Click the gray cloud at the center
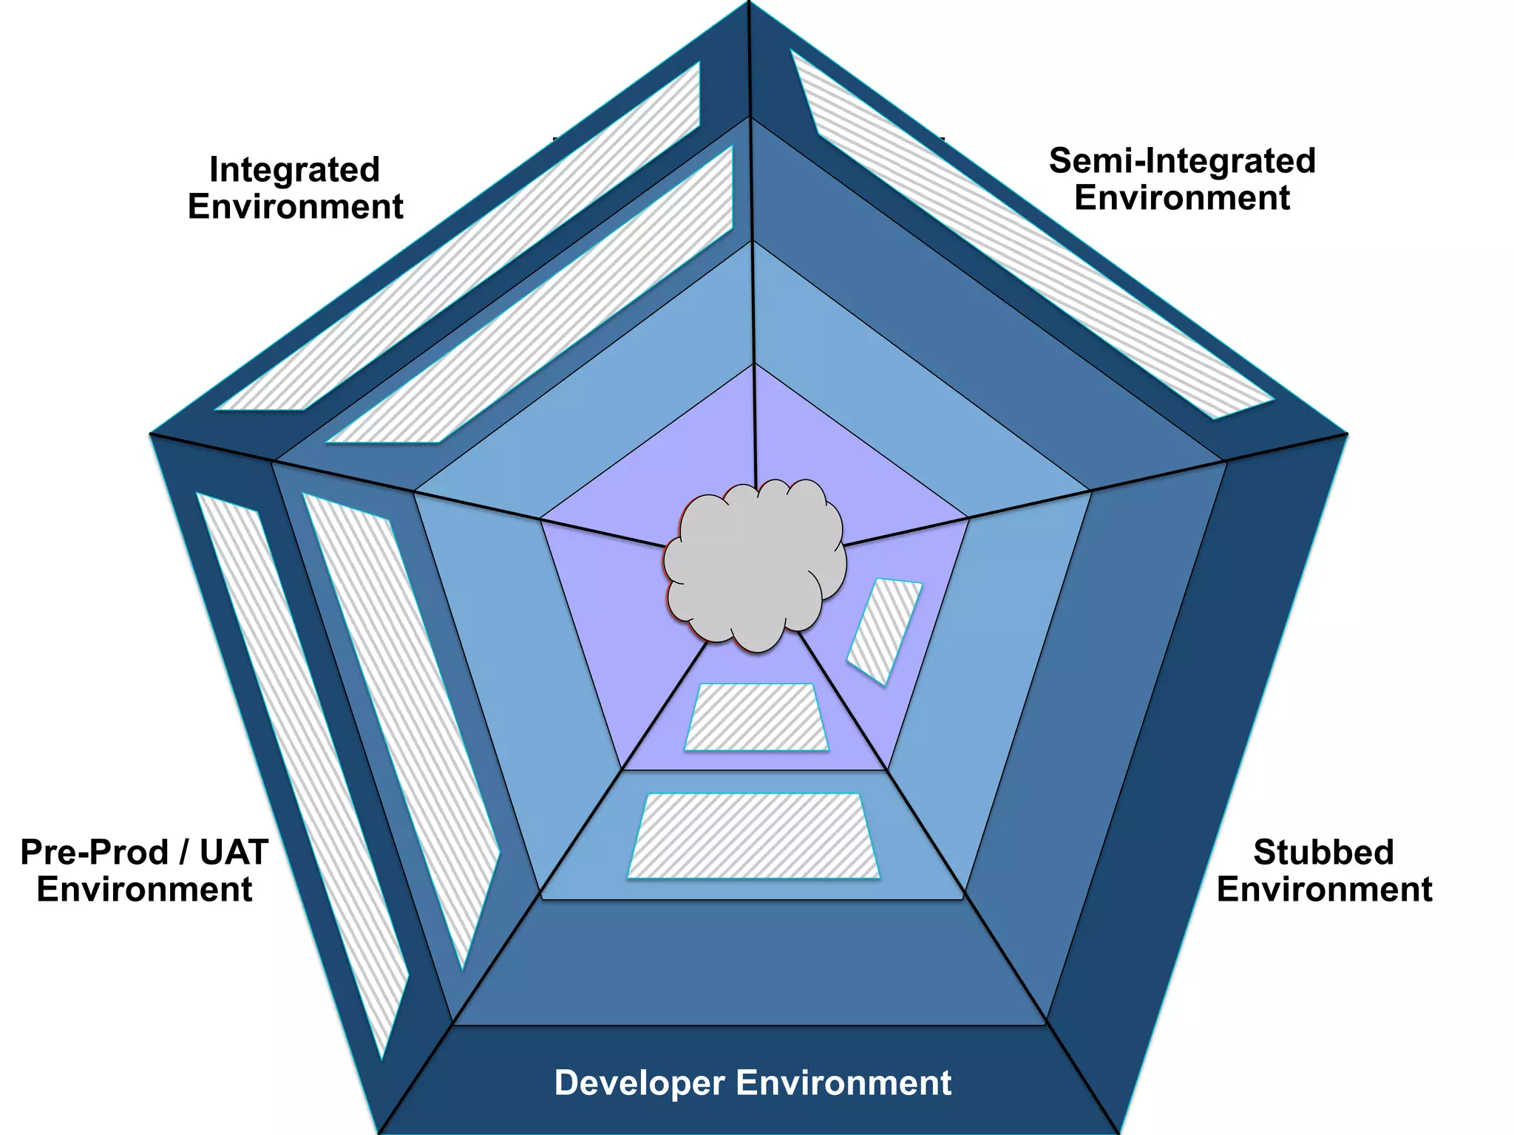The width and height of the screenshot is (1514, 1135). pos(754,565)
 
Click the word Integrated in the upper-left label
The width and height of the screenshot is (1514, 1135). pos(294,170)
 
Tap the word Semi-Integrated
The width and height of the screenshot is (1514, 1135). pos(1181,161)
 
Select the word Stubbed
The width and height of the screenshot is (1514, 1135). pos(1323,853)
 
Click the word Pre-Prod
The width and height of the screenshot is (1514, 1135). pos(94,853)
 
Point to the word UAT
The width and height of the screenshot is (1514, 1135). pos(234,853)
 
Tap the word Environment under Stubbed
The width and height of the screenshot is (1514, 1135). pos(1324,890)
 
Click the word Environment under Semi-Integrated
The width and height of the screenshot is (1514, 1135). pos(1181,198)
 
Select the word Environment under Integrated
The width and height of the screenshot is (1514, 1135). pos(295,207)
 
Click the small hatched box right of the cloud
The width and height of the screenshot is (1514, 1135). pos(885,630)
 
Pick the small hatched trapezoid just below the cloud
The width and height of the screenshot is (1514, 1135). pos(756,717)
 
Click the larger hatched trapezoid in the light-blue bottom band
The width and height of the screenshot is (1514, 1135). pos(753,836)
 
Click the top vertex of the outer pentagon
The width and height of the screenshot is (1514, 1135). pos(750,3)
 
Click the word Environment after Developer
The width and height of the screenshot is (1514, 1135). pos(843,1083)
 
